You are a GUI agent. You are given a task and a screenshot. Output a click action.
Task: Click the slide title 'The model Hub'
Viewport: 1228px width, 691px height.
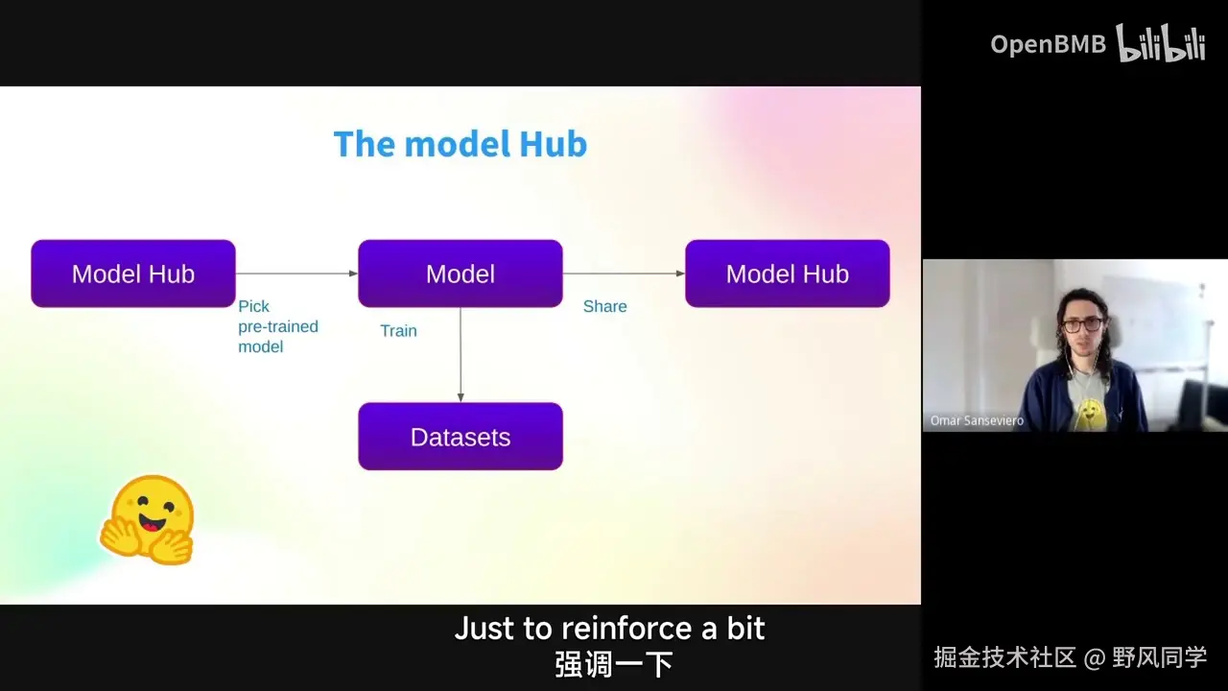coord(460,144)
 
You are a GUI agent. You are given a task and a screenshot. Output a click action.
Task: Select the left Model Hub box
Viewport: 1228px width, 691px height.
coord(133,274)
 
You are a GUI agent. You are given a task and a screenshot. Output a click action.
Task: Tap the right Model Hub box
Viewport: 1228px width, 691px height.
coord(787,274)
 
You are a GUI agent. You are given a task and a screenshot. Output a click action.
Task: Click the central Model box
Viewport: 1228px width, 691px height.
coord(460,274)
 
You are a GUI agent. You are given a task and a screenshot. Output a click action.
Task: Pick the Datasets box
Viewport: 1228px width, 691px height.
coord(460,437)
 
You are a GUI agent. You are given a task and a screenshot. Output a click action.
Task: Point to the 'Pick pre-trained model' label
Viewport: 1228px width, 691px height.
coord(277,326)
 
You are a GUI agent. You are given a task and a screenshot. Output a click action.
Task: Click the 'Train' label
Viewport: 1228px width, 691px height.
coord(398,331)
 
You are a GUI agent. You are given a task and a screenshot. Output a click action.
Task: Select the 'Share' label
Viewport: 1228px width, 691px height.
coord(604,306)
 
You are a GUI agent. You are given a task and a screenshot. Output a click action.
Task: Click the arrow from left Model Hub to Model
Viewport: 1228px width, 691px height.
coord(296,274)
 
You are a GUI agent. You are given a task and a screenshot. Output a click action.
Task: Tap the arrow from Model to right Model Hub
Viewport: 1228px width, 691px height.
coord(624,274)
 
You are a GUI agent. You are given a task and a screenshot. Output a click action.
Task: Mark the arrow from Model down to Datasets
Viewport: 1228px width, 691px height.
coord(460,355)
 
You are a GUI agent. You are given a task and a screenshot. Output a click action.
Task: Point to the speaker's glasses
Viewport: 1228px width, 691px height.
coord(1081,324)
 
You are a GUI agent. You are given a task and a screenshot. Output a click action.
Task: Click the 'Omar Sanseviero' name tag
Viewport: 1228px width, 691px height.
coord(977,420)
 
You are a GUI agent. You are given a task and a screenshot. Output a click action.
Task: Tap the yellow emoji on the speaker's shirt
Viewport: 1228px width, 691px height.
coord(1088,414)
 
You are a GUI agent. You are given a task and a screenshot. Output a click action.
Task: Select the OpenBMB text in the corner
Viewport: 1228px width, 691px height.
coord(1048,44)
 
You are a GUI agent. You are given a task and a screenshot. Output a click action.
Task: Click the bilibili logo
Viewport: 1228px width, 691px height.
coord(1161,44)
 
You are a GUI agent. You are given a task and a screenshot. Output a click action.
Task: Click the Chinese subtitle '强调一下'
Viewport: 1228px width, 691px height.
coord(613,664)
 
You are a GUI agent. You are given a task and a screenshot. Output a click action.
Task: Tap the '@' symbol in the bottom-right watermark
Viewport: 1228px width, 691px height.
coord(1095,658)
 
